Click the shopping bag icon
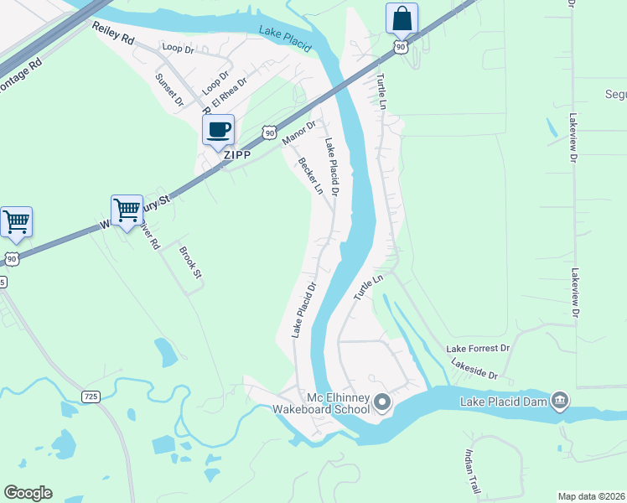(402, 18)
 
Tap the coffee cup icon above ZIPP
(218, 130)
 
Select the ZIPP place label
(238, 155)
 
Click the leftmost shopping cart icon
(16, 222)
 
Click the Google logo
(28, 493)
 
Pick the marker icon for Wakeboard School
(382, 403)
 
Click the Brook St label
(192, 262)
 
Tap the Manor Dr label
(298, 132)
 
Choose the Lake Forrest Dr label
(478, 348)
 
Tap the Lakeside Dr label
(474, 370)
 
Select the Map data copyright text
(592, 496)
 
